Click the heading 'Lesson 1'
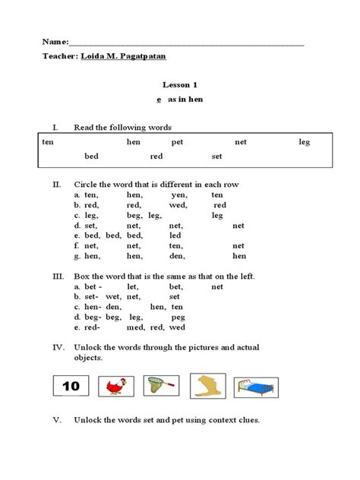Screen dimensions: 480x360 179,86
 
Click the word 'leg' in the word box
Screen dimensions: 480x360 304,142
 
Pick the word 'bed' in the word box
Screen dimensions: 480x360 91,156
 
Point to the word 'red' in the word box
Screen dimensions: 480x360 156,156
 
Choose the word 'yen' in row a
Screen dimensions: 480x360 179,194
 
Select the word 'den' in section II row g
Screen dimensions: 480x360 176,256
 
